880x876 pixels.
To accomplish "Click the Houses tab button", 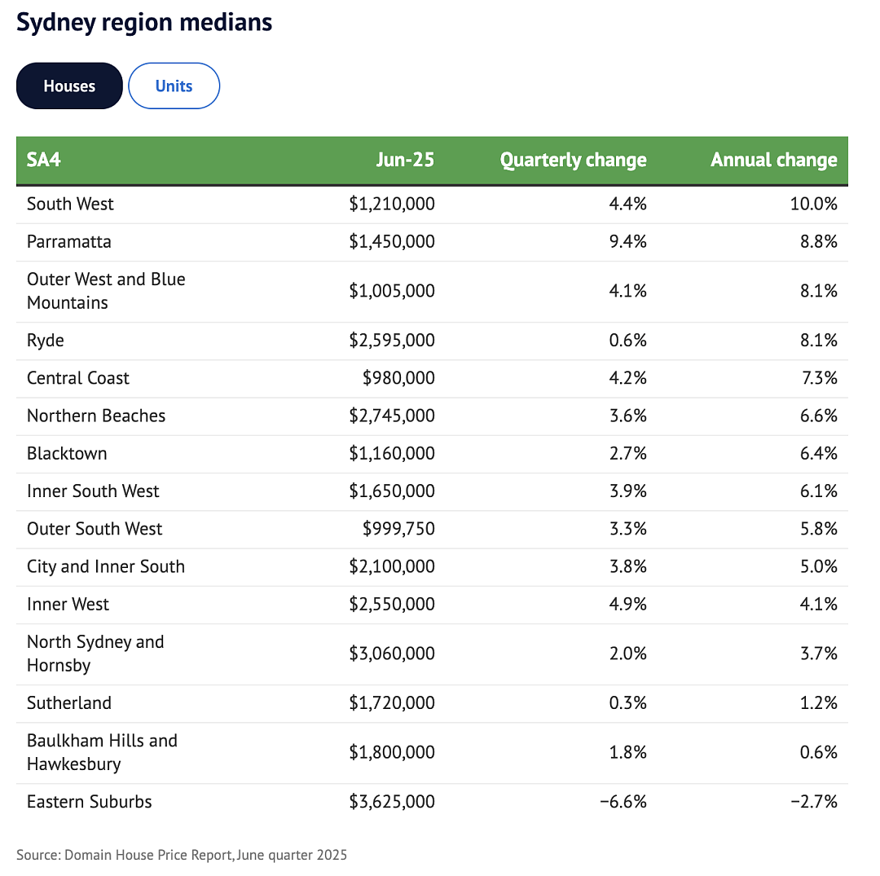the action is pos(69,86).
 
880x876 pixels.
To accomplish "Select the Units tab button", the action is pos(174,86).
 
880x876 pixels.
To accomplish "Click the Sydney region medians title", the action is pos(144,23).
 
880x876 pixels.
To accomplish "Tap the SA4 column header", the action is pos(44,160).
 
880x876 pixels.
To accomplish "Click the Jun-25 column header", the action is pos(405,160).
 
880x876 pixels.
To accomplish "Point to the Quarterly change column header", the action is pos(574,160).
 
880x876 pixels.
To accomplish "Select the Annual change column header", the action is pos(774,160).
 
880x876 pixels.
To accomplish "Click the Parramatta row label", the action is pos(69,242).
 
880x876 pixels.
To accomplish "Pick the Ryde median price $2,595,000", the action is pos(392,341).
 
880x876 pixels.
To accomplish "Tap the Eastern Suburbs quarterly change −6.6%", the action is pos(623,802).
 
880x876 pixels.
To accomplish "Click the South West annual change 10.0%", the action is pos(814,204).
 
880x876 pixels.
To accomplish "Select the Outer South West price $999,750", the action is pos(398,529).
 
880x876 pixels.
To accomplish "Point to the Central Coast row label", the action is pos(78,378).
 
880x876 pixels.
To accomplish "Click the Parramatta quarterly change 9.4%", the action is pos(628,242).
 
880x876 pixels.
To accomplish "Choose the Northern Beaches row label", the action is pos(96,416).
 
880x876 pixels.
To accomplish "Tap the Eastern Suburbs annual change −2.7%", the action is pos(814,802).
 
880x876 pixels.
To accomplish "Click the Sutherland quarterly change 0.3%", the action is pos(628,703).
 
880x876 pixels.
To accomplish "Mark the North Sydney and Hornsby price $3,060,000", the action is pos(392,654).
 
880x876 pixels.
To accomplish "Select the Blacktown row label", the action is pos(67,453).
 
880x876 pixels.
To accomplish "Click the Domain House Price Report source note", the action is pos(182,856).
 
